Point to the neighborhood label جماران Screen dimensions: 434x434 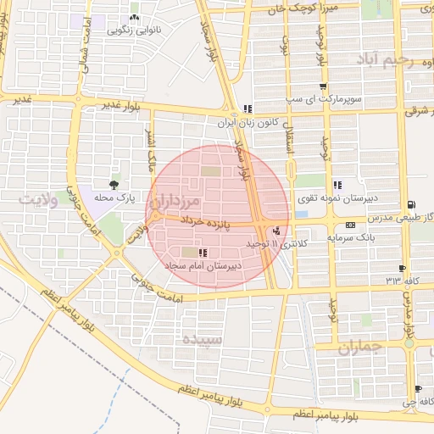tap(359, 347)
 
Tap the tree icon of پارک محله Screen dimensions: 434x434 tap(114, 183)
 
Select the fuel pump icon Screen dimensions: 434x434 tap(411, 203)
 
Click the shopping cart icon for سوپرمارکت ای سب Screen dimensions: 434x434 tap(322, 87)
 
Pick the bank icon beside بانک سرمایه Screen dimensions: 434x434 tap(350, 225)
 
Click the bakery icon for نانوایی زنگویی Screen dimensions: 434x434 tap(133, 18)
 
